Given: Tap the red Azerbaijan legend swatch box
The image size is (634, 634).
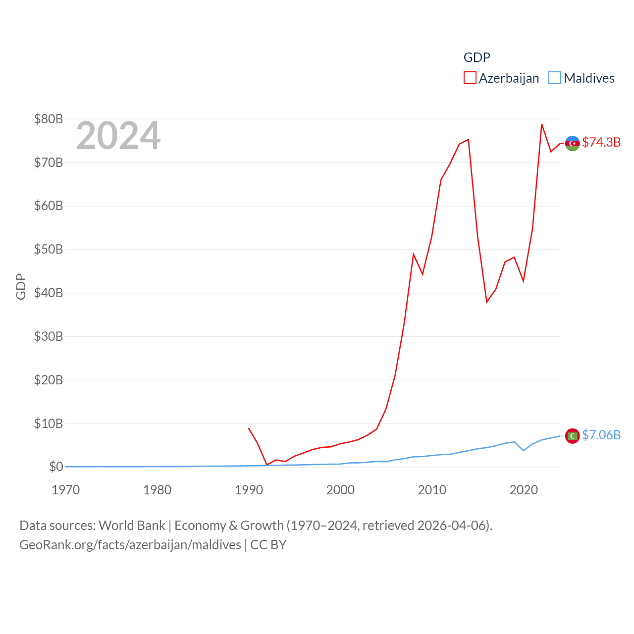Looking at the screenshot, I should [470, 78].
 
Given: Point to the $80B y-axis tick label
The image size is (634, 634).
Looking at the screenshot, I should [49, 119].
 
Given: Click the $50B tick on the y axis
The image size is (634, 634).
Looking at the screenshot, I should [49, 249].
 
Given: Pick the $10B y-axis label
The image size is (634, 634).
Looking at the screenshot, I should [49, 423].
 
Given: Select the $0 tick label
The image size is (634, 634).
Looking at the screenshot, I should [56, 467].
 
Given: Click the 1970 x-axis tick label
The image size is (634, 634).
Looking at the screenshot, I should [66, 490].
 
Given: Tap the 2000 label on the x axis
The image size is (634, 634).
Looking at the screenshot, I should [340, 490].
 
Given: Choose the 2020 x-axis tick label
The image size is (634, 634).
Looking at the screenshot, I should [524, 490].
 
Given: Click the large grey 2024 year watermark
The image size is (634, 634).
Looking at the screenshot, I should [118, 136].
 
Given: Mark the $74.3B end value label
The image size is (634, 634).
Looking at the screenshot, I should [601, 142].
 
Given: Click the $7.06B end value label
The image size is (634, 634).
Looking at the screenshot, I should [601, 435].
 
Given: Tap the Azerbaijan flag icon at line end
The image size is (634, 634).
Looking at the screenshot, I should [573, 143].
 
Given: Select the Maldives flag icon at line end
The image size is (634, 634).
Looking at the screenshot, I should [573, 436].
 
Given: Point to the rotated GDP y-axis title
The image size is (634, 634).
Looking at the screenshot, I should [21, 286].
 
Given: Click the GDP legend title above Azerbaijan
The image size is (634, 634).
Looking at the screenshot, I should [476, 57].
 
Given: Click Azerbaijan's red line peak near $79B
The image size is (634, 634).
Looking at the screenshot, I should [542, 124].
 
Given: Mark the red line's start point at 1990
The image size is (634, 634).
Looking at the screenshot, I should [249, 428].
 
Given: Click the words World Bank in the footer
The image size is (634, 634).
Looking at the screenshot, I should [132, 525].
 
